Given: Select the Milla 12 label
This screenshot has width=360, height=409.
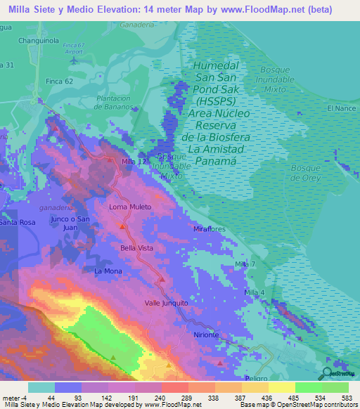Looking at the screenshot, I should coord(134,162).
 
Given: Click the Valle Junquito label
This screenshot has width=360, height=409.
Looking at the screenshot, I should coord(165,303).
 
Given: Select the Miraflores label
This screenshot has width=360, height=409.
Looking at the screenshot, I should coord(209,229).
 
